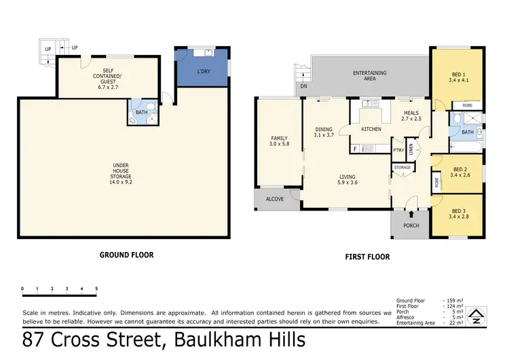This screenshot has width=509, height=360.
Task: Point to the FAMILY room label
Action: tap(279, 141)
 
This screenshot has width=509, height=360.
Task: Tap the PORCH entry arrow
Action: tap(411, 215)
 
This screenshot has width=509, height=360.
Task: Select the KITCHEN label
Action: tap(371, 129)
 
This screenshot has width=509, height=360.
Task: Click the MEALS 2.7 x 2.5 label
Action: tap(411, 116)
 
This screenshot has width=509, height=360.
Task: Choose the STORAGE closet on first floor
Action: tap(402, 168)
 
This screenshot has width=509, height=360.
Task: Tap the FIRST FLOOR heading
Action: tap(367, 257)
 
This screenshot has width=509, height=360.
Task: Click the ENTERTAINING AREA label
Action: tap(369, 75)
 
